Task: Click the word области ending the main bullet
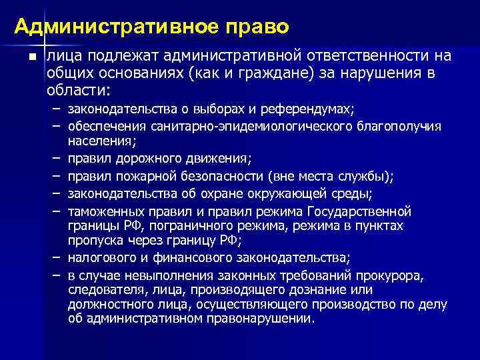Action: pos(79,90)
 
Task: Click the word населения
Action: pos(100,141)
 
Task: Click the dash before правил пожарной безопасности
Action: pos(53,177)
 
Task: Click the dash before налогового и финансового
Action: pos(53,258)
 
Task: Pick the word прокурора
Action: pos(378,275)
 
